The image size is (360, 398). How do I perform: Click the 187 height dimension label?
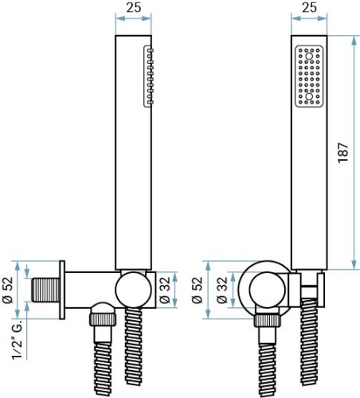click(x=342, y=153)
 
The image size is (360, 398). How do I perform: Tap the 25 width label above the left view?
click(x=133, y=7)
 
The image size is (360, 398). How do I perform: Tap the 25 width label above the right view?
click(x=309, y=7)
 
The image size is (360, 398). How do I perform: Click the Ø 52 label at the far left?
click(x=8, y=290)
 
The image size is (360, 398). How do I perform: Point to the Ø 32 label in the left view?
click(x=165, y=290)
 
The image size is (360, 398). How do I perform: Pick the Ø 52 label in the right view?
click(x=197, y=290)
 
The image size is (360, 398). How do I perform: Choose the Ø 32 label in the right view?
click(x=222, y=290)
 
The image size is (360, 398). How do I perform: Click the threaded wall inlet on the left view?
click(x=45, y=290)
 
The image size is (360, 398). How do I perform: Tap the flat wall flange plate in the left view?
click(x=62, y=290)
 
